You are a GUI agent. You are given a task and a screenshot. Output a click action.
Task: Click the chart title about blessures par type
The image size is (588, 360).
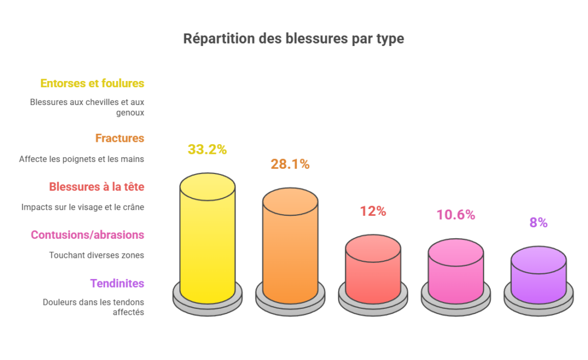(293, 38)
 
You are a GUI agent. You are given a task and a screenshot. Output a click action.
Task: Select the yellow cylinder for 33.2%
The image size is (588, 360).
(207, 241)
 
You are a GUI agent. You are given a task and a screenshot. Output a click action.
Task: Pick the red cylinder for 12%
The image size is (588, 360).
(373, 270)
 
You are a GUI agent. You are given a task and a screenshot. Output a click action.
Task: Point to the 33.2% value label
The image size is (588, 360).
(207, 150)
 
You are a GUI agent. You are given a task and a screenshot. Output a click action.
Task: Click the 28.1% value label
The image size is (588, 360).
(290, 164)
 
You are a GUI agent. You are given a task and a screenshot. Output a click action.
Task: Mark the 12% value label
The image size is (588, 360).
(373, 211)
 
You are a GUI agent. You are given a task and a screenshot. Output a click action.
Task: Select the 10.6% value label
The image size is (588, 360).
(455, 215)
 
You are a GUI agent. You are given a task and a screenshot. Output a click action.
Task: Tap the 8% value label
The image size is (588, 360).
(538, 223)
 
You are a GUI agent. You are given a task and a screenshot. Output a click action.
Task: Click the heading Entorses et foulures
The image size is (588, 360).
(92, 83)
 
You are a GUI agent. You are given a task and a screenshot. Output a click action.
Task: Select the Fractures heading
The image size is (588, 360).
(119, 138)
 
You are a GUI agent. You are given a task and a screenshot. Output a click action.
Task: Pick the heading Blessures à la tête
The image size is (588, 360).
(96, 187)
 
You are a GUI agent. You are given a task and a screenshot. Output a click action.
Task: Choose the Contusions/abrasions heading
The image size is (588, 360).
(87, 235)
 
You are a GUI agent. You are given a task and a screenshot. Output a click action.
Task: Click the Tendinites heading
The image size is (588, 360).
(117, 283)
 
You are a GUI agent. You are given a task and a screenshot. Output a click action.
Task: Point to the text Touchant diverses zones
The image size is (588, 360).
(96, 255)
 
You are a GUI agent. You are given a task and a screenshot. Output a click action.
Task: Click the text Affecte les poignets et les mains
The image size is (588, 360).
(82, 159)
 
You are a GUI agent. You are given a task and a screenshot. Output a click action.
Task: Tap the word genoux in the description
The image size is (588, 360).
(132, 113)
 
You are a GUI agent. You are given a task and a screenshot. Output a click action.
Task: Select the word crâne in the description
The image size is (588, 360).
(132, 207)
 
